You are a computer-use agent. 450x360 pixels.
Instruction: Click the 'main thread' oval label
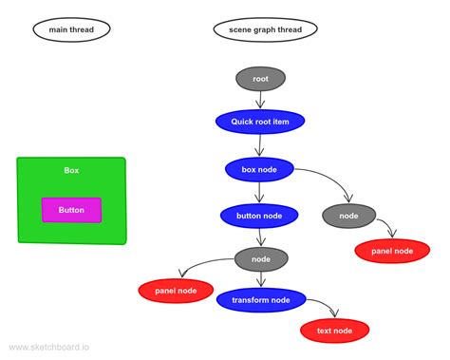(71, 29)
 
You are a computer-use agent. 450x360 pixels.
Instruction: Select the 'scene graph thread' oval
(265, 29)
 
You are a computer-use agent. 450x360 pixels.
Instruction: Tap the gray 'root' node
(260, 79)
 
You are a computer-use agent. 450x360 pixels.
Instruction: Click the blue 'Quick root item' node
(260, 122)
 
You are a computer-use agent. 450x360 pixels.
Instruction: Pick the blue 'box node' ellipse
(259, 170)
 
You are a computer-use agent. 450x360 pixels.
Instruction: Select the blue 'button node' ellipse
(259, 217)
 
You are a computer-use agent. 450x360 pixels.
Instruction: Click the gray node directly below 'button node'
(260, 258)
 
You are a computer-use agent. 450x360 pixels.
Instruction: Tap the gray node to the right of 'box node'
(349, 217)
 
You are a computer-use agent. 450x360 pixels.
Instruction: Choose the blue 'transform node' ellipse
(260, 300)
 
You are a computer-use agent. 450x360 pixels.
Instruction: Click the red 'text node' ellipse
(334, 331)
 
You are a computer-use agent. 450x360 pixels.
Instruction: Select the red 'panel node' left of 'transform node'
(176, 291)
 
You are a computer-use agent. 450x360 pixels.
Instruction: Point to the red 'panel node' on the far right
(392, 251)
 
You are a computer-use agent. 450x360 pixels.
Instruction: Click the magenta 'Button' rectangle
(71, 210)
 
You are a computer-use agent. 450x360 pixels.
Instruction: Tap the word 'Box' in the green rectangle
(71, 171)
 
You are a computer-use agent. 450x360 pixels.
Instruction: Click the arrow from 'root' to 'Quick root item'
(260, 101)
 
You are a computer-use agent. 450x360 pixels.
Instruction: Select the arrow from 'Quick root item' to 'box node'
(260, 146)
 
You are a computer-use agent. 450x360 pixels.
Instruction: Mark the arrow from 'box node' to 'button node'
(260, 194)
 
